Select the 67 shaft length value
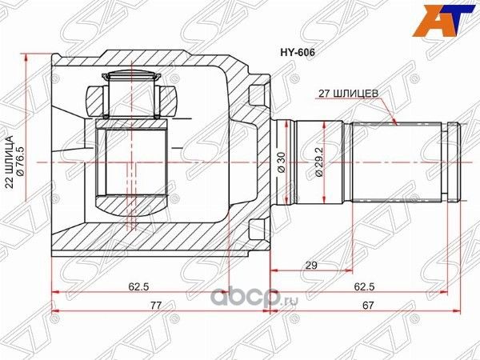pyautogui.click(x=367, y=305)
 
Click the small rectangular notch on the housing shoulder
pyautogui.click(x=256, y=94)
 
